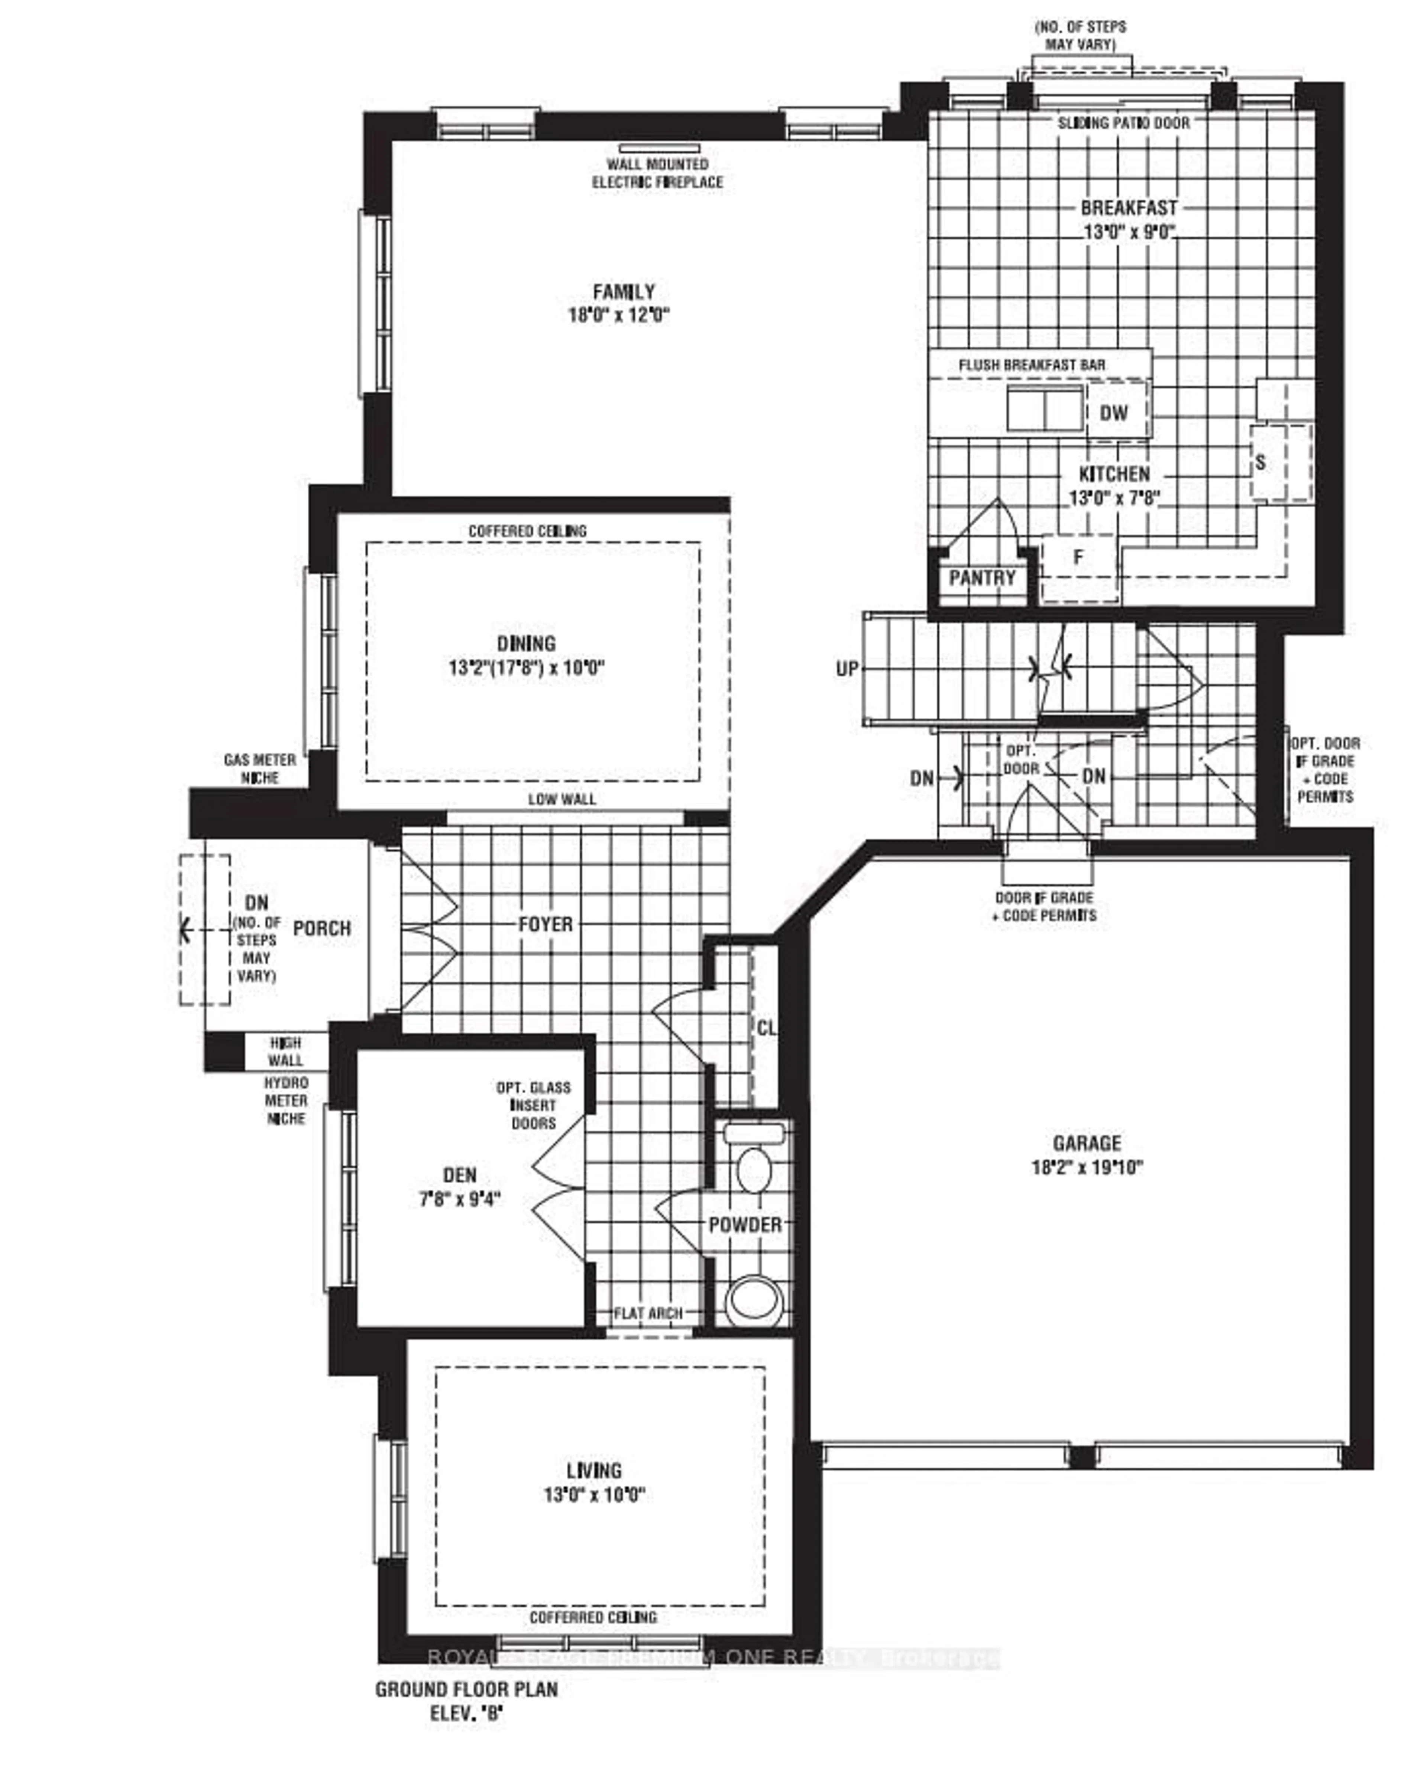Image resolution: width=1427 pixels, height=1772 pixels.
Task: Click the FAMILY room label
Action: pos(623,292)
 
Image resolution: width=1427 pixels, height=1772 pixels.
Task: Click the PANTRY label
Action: pos(982,578)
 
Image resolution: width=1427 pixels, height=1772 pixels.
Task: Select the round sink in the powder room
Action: pos(754,1299)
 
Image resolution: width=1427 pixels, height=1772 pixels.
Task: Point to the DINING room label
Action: pos(526,644)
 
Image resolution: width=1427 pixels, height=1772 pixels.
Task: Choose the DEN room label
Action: pos(459,1175)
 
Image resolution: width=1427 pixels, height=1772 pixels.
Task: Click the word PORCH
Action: pos(322,929)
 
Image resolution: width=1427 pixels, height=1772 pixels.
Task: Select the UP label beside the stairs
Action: pos(847,669)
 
